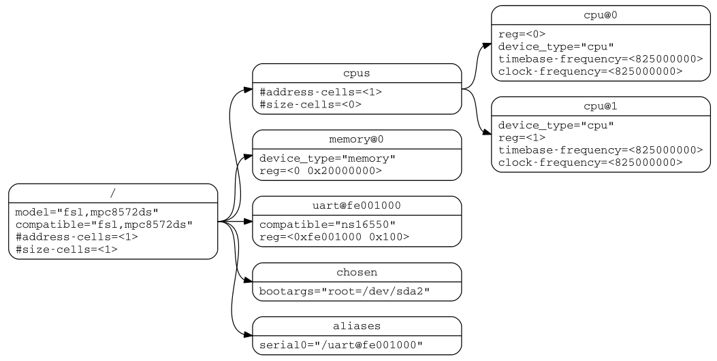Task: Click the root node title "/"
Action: pyautogui.click(x=113, y=193)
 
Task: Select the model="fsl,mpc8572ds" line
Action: pyautogui.click(x=87, y=211)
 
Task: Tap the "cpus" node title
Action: pyautogui.click(x=357, y=73)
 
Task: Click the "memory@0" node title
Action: pyautogui.click(x=357, y=139)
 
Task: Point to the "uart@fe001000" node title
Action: pyautogui.click(x=357, y=205)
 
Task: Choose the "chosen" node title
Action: pyautogui.click(x=357, y=272)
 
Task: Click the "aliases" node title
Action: pyautogui.click(x=357, y=326)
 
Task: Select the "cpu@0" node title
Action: pyautogui.click(x=601, y=15)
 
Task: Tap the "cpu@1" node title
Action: pyautogui.click(x=601, y=106)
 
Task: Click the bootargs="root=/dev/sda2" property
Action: pyautogui.click(x=345, y=292)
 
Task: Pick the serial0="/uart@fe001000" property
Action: pyautogui.click(x=341, y=345)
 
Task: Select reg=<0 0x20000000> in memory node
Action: pyautogui.click(x=321, y=171)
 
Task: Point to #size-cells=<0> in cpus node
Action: pyautogui.click(x=310, y=105)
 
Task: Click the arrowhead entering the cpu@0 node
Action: pyautogui.click(x=486, y=46)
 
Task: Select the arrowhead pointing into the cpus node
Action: pyautogui.click(x=248, y=89)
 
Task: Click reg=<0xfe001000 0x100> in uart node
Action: pyautogui.click(x=334, y=237)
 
